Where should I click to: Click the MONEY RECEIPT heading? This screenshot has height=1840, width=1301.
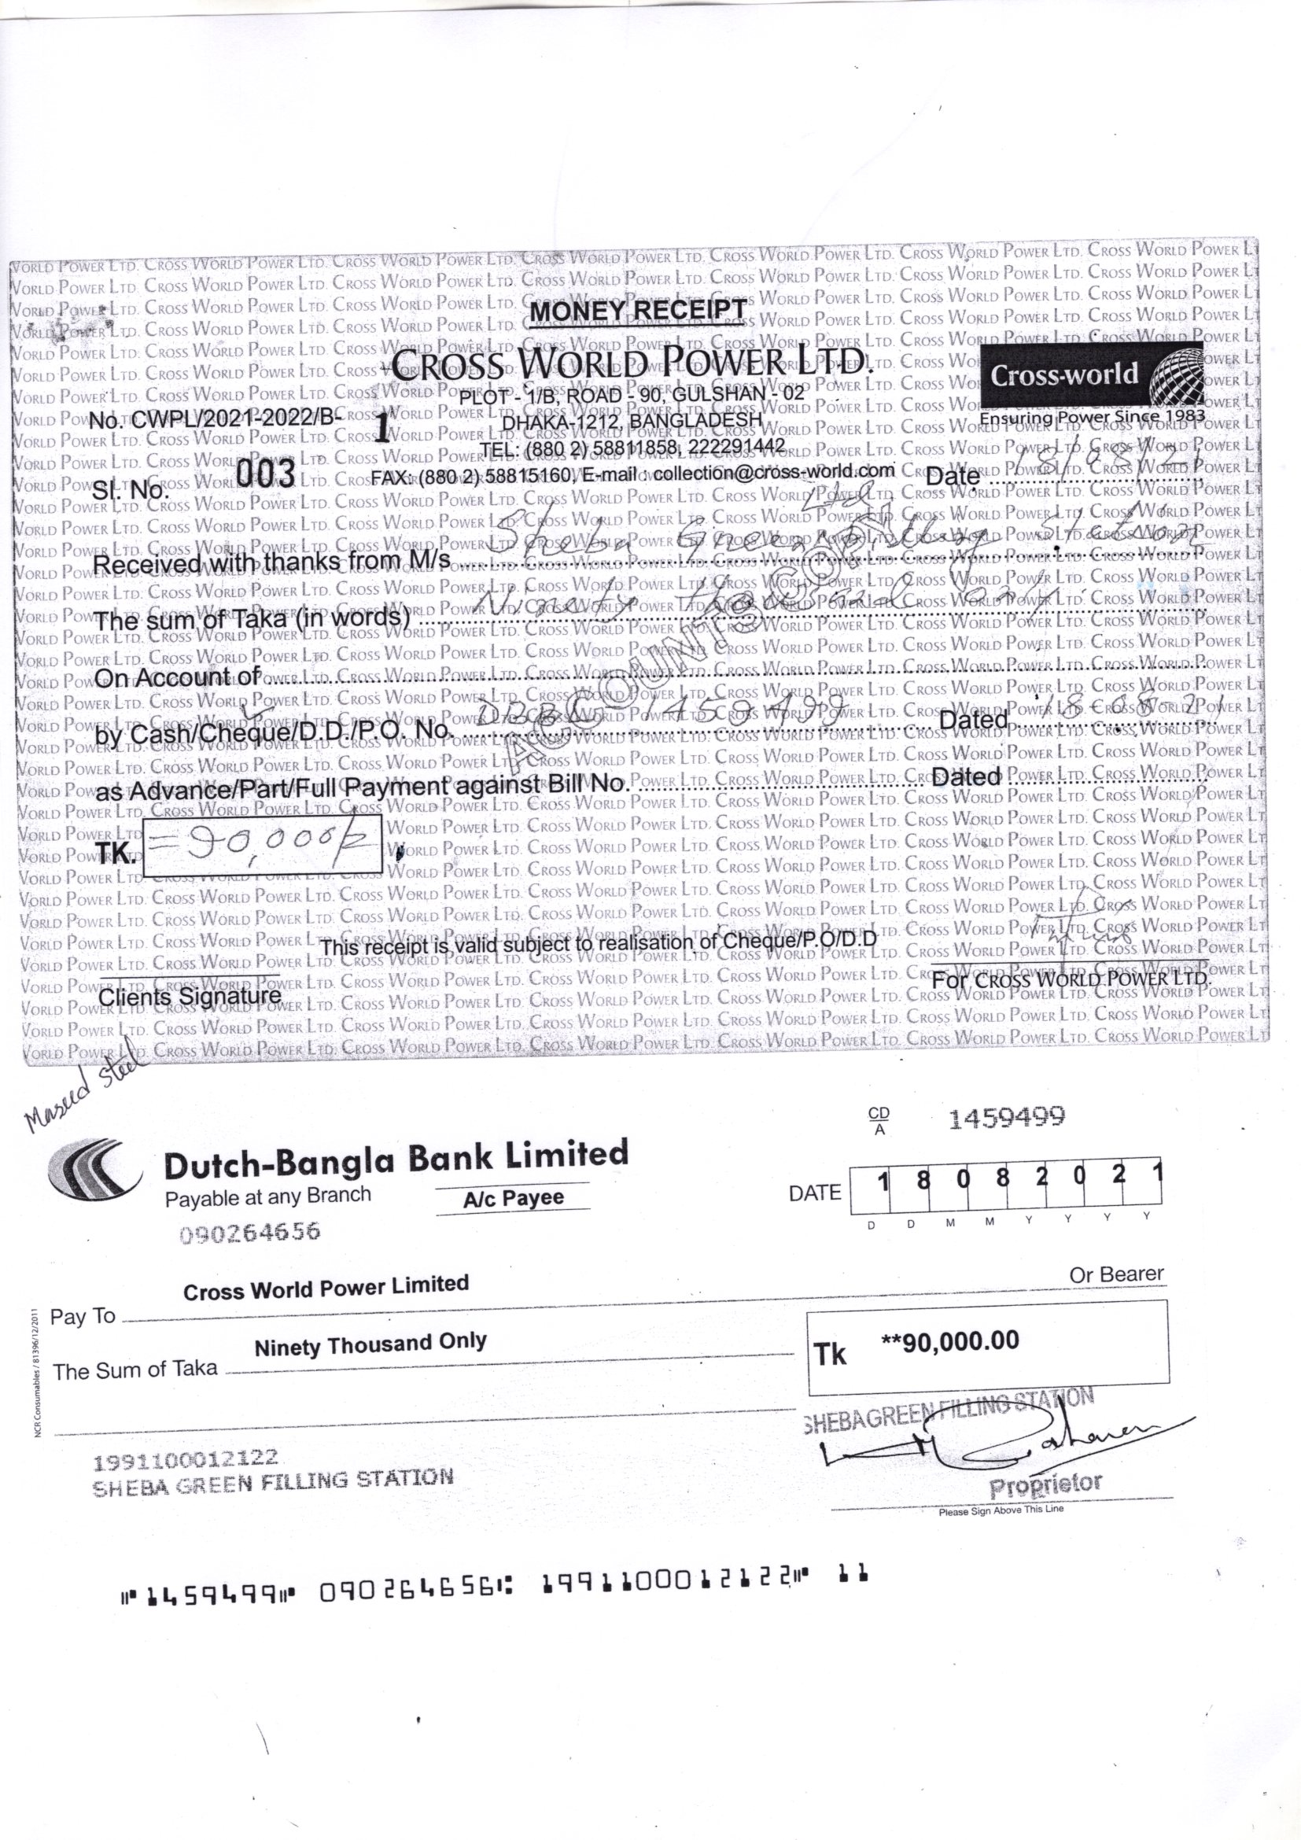pyautogui.click(x=638, y=309)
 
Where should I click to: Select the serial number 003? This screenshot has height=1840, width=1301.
pyautogui.click(x=266, y=475)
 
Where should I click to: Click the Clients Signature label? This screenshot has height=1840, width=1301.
pyautogui.click(x=190, y=997)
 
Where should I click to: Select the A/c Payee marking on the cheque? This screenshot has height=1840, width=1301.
pyautogui.click(x=513, y=1198)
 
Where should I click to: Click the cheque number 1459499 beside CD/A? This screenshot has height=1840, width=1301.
pyautogui.click(x=1006, y=1118)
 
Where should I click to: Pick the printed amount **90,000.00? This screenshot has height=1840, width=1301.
pyautogui.click(x=949, y=1340)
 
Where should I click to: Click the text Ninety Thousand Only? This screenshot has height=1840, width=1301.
pyautogui.click(x=370, y=1344)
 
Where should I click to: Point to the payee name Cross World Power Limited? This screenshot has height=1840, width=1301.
pyautogui.click(x=326, y=1289)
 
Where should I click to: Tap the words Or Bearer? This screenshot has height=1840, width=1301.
pyautogui.click(x=1116, y=1274)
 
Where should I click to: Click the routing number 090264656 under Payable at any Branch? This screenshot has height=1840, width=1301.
pyautogui.click(x=250, y=1233)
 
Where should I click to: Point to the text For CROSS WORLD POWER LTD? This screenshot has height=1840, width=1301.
pyautogui.click(x=1072, y=979)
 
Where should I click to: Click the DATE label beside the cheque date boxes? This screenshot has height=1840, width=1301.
pyautogui.click(x=815, y=1193)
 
